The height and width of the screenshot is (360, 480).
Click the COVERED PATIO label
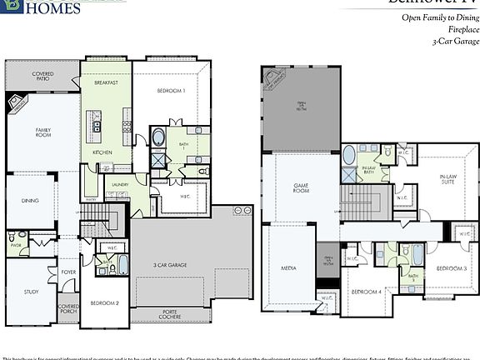[x=42, y=77]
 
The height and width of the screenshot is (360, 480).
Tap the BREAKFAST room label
[x=106, y=82]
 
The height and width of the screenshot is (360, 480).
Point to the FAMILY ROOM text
[x=43, y=132]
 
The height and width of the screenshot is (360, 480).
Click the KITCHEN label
[x=102, y=153]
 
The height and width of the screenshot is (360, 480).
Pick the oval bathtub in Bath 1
[x=158, y=137]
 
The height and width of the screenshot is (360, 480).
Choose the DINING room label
[x=30, y=201]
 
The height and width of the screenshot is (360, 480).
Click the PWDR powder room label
[x=15, y=246]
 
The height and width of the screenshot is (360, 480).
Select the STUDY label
[x=31, y=292]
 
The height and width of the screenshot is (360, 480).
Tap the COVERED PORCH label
[x=67, y=310]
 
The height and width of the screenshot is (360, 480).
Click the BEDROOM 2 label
[x=104, y=302]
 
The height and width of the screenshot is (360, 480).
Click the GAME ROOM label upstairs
[x=301, y=188]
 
